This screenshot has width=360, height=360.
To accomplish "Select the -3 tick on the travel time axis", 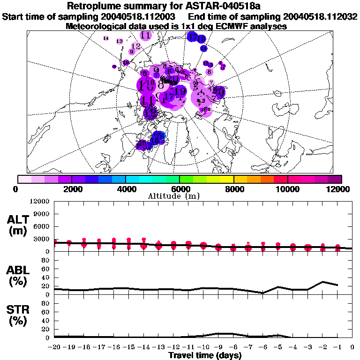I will pyautogui.click(x=307, y=348).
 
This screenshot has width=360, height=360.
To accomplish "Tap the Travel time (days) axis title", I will pyautogui.click(x=205, y=356).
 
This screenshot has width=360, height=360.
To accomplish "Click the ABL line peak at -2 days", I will pyautogui.click(x=322, y=282).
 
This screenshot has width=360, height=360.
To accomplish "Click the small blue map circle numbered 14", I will pyautogui.click(x=204, y=48).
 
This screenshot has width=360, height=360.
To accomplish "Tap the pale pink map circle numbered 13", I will pyautogui.click(x=120, y=41).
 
